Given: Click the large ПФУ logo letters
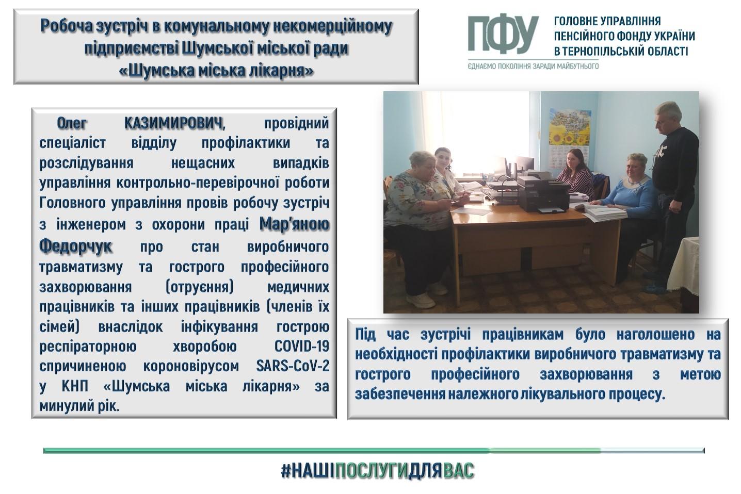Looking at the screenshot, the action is coord(502,35).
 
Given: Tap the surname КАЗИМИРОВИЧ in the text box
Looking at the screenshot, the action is coord(174,124).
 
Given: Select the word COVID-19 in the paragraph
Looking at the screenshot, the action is coord(302,346).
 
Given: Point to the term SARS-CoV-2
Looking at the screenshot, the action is coord(293,366).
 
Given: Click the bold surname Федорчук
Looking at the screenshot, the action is coord(75,246).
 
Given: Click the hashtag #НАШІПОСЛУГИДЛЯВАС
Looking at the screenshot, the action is coord(377,471).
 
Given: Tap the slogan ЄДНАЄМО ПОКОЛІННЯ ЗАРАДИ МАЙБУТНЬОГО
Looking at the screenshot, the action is coord(533,67).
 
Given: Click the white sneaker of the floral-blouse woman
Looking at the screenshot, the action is coord(420,301).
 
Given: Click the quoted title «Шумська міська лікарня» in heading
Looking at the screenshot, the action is coord(216,71).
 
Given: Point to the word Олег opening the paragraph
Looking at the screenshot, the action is coord(72,123).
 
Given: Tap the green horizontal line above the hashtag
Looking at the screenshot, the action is coord(374,450).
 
